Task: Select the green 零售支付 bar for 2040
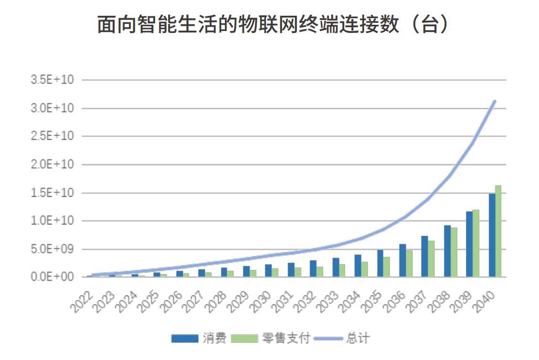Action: (x=498, y=231)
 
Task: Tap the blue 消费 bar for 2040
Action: (x=492, y=235)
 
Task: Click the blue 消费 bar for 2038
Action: (x=447, y=251)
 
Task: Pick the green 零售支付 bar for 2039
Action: (x=476, y=243)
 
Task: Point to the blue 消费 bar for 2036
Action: (x=402, y=260)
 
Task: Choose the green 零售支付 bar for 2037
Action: (x=431, y=259)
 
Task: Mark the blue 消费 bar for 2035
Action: (x=380, y=263)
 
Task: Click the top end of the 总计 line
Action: (x=495, y=101)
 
